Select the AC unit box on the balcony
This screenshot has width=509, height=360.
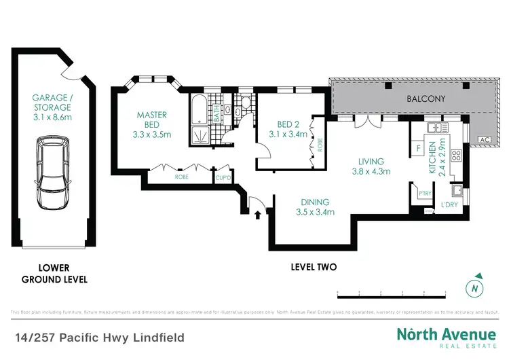click(x=484, y=140)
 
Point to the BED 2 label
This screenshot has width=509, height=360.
click(x=288, y=124)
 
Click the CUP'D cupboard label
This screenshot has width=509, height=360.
click(x=223, y=178)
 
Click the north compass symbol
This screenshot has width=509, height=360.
click(x=476, y=287)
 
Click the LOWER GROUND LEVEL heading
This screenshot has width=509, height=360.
click(x=54, y=274)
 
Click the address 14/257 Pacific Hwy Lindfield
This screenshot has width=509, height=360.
click(x=100, y=338)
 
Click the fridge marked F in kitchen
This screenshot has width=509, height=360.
click(x=418, y=147)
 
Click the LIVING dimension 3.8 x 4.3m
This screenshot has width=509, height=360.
click(x=372, y=171)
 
